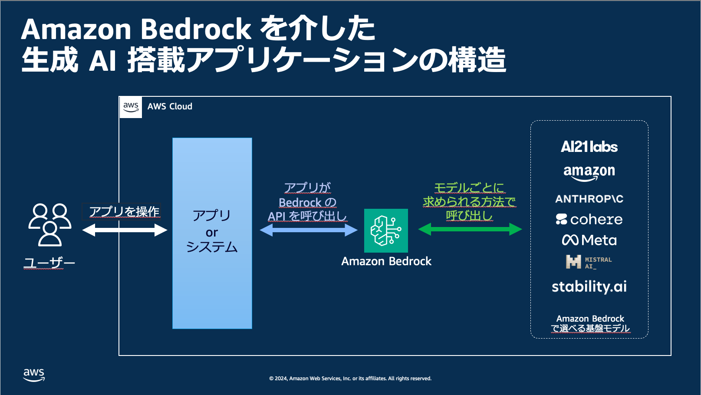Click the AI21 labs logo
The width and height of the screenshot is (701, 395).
click(589, 147)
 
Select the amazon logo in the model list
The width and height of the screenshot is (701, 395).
click(589, 172)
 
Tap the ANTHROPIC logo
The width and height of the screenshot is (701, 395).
click(589, 199)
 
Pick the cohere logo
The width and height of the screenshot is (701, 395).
click(589, 220)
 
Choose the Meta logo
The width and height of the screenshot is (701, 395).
click(589, 240)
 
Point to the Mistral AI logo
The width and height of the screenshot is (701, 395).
click(589, 262)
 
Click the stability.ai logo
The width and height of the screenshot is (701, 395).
click(589, 286)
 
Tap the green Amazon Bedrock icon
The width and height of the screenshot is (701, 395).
click(386, 230)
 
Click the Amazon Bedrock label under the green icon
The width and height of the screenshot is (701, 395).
click(386, 261)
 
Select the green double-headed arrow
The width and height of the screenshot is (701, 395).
click(470, 229)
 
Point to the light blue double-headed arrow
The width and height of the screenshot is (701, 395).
click(309, 230)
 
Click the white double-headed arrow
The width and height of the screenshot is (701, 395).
click(125, 230)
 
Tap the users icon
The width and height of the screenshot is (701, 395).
click(49, 224)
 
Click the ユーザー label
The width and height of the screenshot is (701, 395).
click(49, 263)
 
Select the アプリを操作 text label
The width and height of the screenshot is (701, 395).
click(124, 211)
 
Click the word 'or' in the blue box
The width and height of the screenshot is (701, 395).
click(212, 233)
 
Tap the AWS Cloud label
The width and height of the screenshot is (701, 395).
click(170, 106)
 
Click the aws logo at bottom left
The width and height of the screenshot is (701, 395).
click(34, 375)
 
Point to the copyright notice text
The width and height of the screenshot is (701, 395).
click(350, 379)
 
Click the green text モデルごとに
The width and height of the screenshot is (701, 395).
click(469, 188)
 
